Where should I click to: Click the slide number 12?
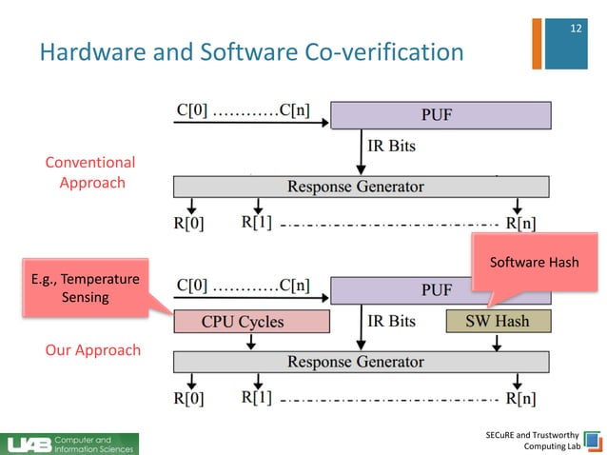click(x=574, y=29)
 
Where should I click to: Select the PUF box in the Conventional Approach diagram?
click(x=441, y=116)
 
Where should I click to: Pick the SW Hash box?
click(x=498, y=322)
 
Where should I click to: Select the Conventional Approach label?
click(x=90, y=172)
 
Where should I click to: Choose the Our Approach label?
click(x=92, y=349)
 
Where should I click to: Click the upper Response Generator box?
click(x=361, y=187)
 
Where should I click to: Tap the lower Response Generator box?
click(x=361, y=361)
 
